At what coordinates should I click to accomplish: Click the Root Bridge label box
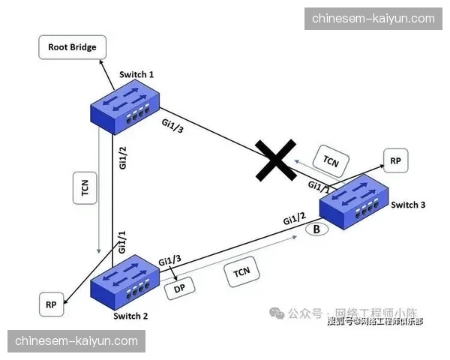[x=72, y=47]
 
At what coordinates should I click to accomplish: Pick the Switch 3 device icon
[x=355, y=200]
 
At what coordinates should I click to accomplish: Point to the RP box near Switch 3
[x=395, y=160]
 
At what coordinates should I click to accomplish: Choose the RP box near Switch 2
[x=51, y=304]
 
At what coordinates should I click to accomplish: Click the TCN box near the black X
[x=331, y=160]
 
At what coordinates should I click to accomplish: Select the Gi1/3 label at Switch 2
[x=169, y=259]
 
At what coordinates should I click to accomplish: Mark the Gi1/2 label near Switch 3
[x=294, y=218]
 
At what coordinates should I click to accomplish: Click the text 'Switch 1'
[x=136, y=74]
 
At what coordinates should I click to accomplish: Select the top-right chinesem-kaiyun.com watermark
[x=373, y=18]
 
